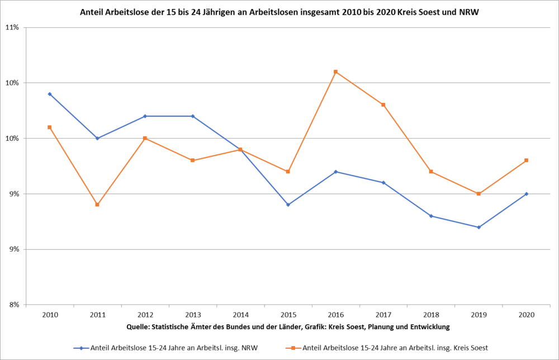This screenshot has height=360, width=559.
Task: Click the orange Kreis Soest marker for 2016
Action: coord(335,72)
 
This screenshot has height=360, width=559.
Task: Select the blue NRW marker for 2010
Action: coord(50,94)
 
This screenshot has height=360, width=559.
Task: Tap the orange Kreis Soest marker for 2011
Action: coord(97,205)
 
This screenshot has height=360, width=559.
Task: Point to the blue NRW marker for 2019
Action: coord(479,227)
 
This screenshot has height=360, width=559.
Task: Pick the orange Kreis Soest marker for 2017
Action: coord(383,105)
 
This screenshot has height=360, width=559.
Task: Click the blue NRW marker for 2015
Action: coord(288,205)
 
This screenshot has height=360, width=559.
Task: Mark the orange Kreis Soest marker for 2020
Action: coord(526,160)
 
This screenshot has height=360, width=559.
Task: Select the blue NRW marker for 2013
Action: coord(192,116)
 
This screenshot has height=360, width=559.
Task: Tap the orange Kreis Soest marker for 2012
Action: coord(145,138)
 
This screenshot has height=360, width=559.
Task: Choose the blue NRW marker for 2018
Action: coord(431,216)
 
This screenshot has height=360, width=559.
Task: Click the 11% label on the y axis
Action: coord(12,27)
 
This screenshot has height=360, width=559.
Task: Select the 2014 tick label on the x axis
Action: coord(240,315)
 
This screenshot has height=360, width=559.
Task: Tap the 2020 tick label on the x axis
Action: coord(526,315)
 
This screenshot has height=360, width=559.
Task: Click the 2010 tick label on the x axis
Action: coord(50,315)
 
